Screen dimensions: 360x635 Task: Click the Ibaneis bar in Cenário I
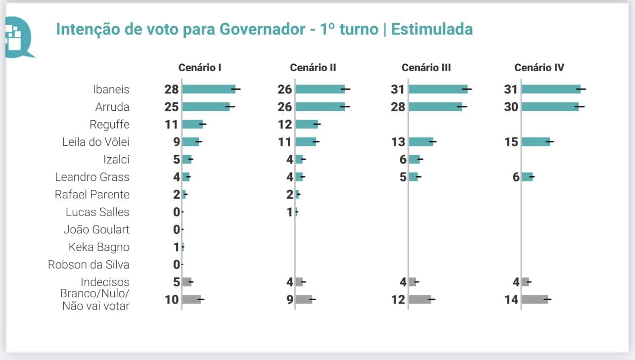[x=209, y=90]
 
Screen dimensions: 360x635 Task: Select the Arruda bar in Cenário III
[x=435, y=107]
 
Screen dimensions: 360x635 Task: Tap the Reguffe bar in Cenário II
[x=307, y=125]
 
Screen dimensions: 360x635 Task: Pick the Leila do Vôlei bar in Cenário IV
[x=536, y=142]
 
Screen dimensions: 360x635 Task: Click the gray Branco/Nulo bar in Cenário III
[x=419, y=300]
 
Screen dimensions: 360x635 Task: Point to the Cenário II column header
[x=313, y=68]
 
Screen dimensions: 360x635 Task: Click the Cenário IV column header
[x=539, y=68]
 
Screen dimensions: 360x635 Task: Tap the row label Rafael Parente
[x=92, y=194]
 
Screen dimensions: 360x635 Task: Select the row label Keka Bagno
[x=99, y=247]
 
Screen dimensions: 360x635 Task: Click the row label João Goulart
[x=96, y=229]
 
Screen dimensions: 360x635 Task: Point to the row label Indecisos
[x=105, y=282]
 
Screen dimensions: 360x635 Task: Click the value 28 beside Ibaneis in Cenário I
[x=172, y=90]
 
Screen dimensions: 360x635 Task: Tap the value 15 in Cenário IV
[x=511, y=142]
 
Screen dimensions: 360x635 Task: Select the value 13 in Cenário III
[x=398, y=142]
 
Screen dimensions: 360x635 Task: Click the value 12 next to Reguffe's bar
[x=285, y=125]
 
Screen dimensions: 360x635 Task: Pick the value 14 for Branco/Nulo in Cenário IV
[x=511, y=300]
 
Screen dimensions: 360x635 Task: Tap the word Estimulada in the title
[x=432, y=29]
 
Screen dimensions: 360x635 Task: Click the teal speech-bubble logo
[x=17, y=37]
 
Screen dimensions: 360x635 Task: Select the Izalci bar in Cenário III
[x=414, y=159]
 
